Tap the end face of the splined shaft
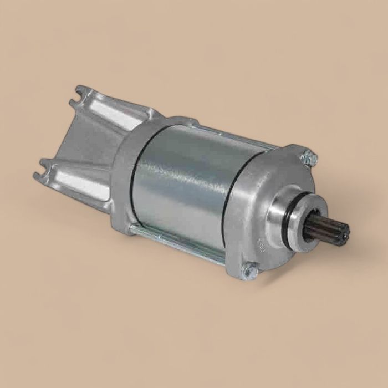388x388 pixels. coord(343,233)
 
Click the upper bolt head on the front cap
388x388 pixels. coord(309,159)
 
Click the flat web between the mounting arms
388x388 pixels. coord(83,144)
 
